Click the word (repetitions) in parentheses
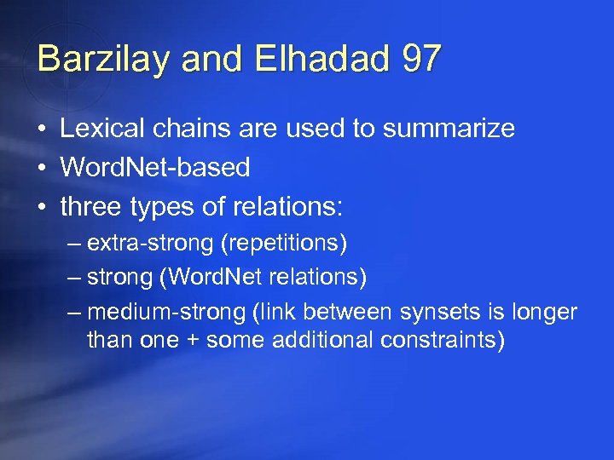[x=283, y=244]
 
